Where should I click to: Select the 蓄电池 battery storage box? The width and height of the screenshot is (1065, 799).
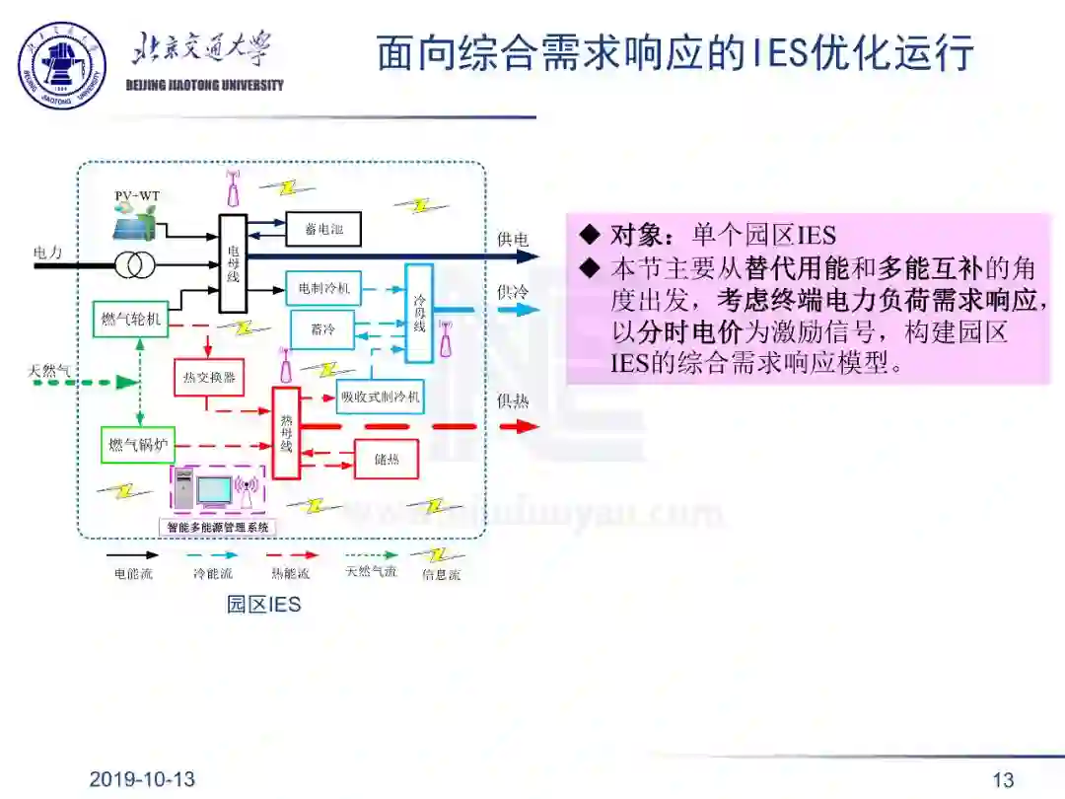click(323, 229)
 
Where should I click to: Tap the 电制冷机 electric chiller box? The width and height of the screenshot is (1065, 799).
click(323, 289)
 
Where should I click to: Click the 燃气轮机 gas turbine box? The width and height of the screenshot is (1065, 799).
click(131, 319)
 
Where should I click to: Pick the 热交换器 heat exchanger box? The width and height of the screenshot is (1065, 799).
click(209, 377)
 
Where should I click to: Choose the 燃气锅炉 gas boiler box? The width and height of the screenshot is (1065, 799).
click(136, 445)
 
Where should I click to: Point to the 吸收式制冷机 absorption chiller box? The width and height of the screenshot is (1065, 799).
click(381, 397)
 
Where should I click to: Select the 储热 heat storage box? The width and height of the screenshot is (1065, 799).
click(386, 459)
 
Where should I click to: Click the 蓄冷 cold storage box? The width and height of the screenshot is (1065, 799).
click(322, 329)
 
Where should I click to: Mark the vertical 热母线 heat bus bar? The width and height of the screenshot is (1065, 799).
click(286, 433)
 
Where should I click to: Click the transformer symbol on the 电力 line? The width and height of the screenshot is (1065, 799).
click(129, 264)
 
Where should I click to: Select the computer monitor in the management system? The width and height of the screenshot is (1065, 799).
click(214, 490)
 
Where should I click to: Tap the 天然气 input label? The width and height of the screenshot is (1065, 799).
click(50, 371)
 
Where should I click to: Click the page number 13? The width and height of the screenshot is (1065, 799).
click(1003, 780)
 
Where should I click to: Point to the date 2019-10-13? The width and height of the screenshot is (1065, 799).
click(142, 779)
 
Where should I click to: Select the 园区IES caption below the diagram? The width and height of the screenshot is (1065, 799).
click(263, 604)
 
